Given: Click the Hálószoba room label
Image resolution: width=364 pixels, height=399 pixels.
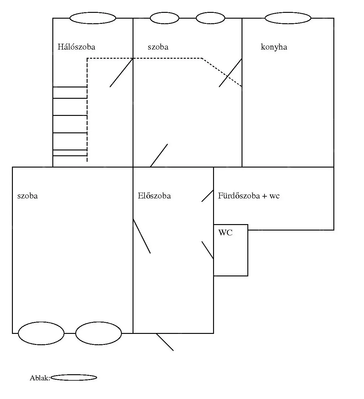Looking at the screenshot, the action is point(76,47).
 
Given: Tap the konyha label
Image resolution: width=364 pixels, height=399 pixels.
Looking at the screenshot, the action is point(274,47).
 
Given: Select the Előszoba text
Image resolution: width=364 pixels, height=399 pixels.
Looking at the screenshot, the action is point(154,196).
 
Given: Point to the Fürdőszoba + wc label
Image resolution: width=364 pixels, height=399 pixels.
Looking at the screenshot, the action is point(249,196).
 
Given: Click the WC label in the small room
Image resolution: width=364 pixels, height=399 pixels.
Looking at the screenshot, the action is point(225,232).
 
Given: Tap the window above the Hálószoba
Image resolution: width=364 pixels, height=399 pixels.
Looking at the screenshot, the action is point(93,18).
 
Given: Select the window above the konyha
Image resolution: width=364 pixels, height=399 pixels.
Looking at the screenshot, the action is point(288,18).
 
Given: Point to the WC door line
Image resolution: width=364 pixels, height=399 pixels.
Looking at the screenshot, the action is point(207,250).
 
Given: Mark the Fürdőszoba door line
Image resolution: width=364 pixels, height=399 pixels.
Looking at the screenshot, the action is point(207,196).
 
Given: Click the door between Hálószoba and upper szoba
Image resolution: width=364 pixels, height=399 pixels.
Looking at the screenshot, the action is point(121,72).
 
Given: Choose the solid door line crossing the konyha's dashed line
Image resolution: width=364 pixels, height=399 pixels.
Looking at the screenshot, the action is point(231,72).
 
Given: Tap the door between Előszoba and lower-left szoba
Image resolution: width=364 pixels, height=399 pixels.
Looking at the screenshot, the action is point(142,236).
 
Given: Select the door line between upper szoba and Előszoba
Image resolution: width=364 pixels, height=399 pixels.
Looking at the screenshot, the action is point(159,155).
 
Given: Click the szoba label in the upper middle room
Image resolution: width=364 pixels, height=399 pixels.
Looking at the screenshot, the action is point(158,47).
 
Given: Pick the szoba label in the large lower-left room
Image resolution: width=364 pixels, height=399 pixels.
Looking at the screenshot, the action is point(28,196).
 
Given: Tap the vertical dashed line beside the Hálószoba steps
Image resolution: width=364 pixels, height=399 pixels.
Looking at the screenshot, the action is point(87,110).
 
